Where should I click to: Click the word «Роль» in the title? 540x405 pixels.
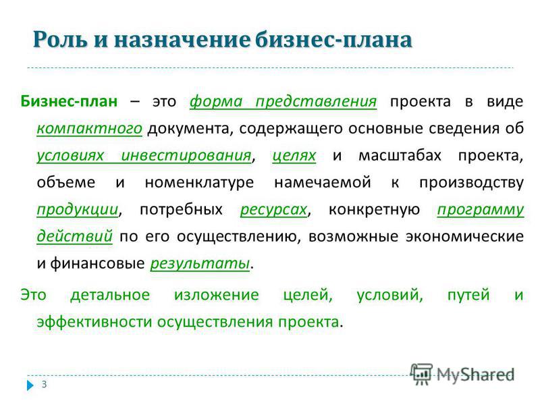tap(60, 40)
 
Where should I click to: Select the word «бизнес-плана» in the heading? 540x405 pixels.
tap(333, 39)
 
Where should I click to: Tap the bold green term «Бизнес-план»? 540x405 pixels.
tap(69, 101)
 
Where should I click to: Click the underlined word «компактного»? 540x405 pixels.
tap(90, 128)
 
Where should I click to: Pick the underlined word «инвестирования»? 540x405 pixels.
tap(186, 156)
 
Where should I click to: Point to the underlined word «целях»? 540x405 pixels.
tap(294, 156)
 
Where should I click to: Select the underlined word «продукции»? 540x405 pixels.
tap(78, 210)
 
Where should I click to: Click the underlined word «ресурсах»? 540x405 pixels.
tap(274, 210)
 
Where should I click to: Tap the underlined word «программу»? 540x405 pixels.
tap(481, 210)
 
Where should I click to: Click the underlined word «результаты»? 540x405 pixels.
tap(200, 264)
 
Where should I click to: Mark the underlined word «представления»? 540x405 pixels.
tap(316, 102)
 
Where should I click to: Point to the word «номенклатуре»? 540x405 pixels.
tap(199, 182)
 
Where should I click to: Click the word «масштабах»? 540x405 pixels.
tap(400, 155)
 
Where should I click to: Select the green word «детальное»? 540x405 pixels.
tap(110, 295)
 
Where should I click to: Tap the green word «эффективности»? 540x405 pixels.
tap(94, 322)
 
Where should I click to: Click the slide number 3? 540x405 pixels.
tap(44, 384)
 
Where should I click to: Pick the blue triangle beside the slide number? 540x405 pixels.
tap(30, 385)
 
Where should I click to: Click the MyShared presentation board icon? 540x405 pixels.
tap(422, 374)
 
